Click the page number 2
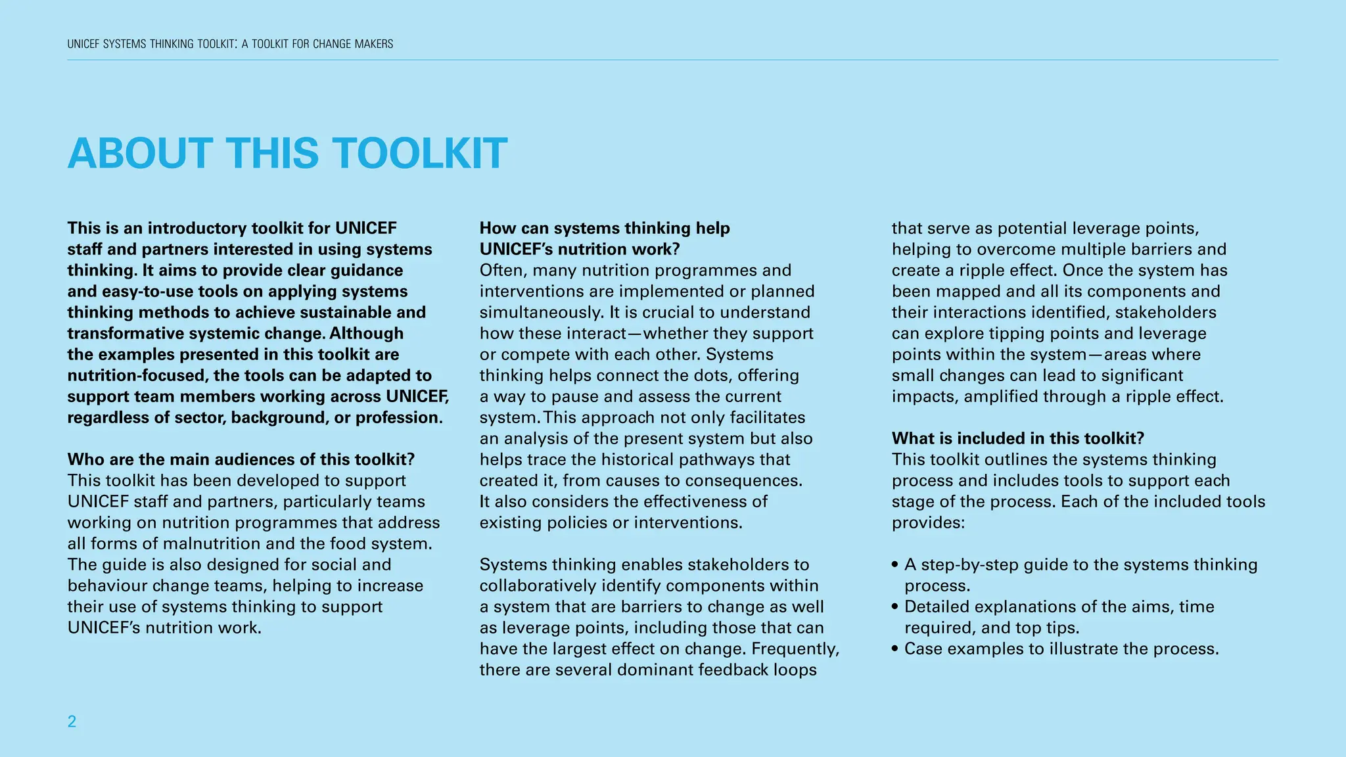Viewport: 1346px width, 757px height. [x=72, y=722]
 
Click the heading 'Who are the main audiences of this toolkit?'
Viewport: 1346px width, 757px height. [x=241, y=459]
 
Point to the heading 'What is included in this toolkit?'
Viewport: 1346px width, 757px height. [x=1018, y=438]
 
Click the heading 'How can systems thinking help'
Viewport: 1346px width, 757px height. [x=605, y=228]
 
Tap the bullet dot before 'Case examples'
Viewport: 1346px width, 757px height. [x=895, y=649]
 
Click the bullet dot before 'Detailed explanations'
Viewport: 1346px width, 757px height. [x=895, y=607]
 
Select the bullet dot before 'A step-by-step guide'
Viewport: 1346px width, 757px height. [x=895, y=565]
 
